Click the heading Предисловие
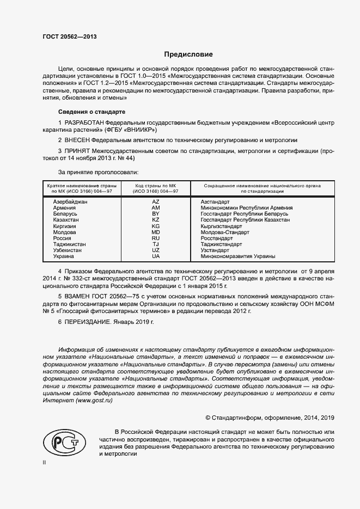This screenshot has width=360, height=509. [x=188, y=54]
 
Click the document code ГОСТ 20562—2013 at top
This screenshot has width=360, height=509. [x=70, y=36]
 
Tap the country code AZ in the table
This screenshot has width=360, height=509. [x=156, y=201]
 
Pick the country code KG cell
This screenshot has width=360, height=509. [x=156, y=225]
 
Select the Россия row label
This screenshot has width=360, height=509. [x=62, y=238]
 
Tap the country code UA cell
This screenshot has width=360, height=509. [x=156, y=256]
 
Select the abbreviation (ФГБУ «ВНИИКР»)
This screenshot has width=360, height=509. [x=129, y=130]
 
